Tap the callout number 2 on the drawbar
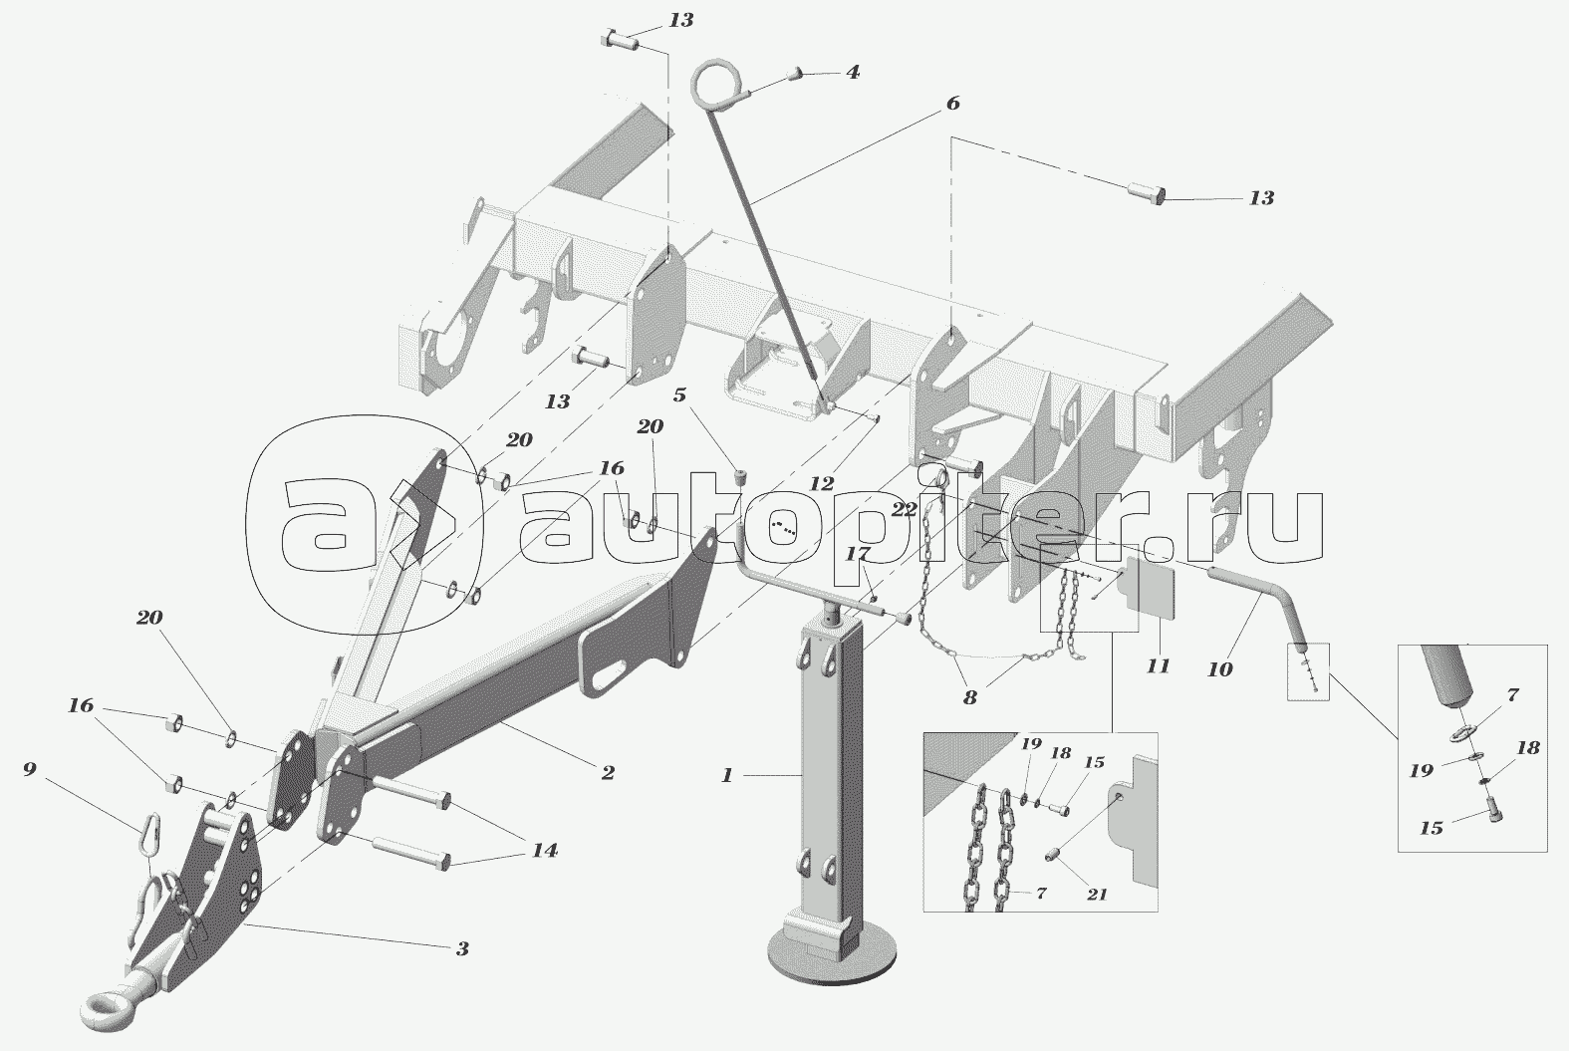(x=607, y=772)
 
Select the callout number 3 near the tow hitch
(x=461, y=948)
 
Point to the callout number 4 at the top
(x=853, y=73)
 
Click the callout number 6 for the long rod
(x=952, y=103)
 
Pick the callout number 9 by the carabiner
(x=30, y=769)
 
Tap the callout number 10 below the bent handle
(x=1219, y=669)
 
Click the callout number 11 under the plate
(x=1157, y=664)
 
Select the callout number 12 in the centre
(x=821, y=484)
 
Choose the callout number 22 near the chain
(x=904, y=509)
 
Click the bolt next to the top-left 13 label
(x=619, y=41)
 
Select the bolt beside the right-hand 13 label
(x=1149, y=192)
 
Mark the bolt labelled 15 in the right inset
(x=1491, y=815)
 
